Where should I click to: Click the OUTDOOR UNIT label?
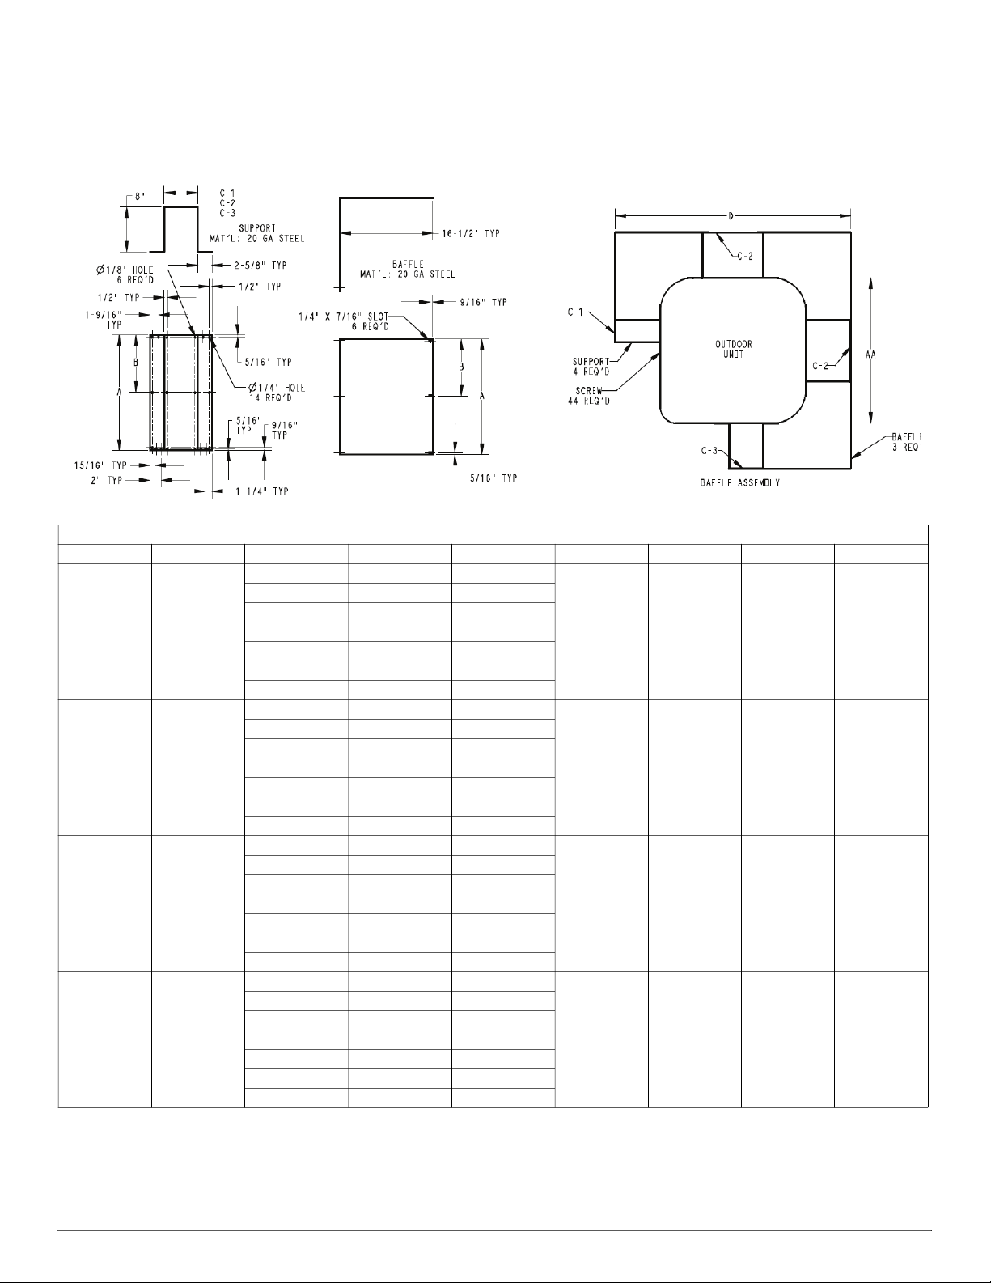[x=733, y=349]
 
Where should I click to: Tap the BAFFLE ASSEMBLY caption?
[x=739, y=483]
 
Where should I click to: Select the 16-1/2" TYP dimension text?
[x=471, y=233]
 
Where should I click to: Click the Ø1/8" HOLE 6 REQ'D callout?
[x=125, y=275]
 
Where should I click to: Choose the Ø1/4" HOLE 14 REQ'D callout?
[x=276, y=393]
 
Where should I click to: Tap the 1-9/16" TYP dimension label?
[x=103, y=320]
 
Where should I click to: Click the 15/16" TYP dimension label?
[x=100, y=466]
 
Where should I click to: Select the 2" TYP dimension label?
[x=106, y=481]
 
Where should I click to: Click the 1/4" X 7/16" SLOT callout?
[x=343, y=317]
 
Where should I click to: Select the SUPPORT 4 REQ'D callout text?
[x=591, y=366]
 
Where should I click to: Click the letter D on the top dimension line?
[x=731, y=217]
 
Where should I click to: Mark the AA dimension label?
[x=870, y=355]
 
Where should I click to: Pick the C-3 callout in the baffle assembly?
[x=709, y=451]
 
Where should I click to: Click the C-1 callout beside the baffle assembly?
[x=575, y=312]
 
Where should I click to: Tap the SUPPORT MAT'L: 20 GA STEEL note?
[x=257, y=233]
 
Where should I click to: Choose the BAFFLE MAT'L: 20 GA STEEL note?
[x=408, y=270]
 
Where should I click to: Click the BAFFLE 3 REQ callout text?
[x=905, y=442]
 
